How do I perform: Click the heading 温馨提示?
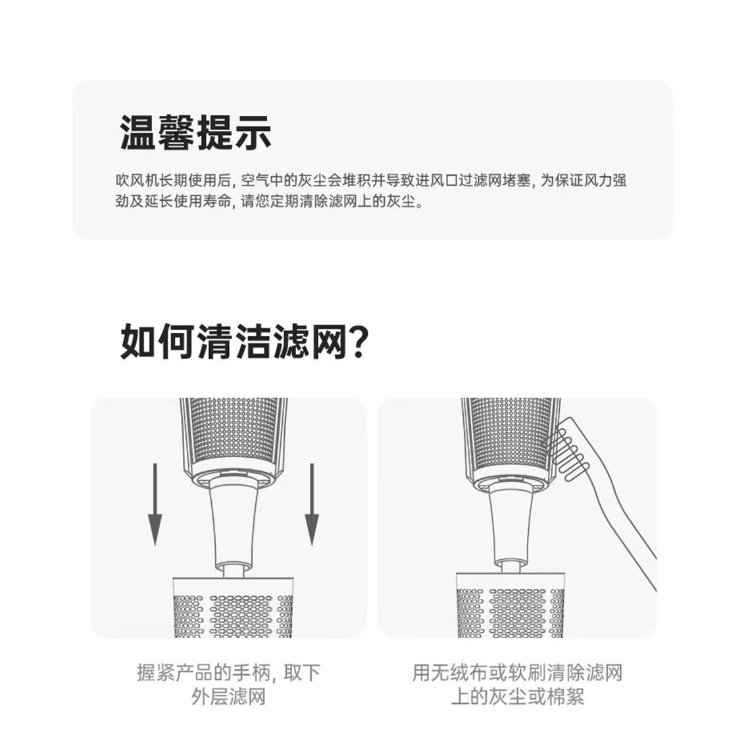click(195, 133)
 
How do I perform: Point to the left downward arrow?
click(155, 505)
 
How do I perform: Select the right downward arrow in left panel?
click(312, 505)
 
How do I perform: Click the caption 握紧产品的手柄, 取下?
click(229, 673)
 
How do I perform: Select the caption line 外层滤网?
click(228, 697)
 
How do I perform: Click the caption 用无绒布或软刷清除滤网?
click(518, 673)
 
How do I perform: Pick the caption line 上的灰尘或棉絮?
click(518, 697)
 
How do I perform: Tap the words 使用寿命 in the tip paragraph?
click(203, 201)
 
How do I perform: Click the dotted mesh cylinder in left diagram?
click(234, 437)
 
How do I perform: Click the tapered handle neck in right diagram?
click(511, 526)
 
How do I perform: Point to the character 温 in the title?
click(138, 133)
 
